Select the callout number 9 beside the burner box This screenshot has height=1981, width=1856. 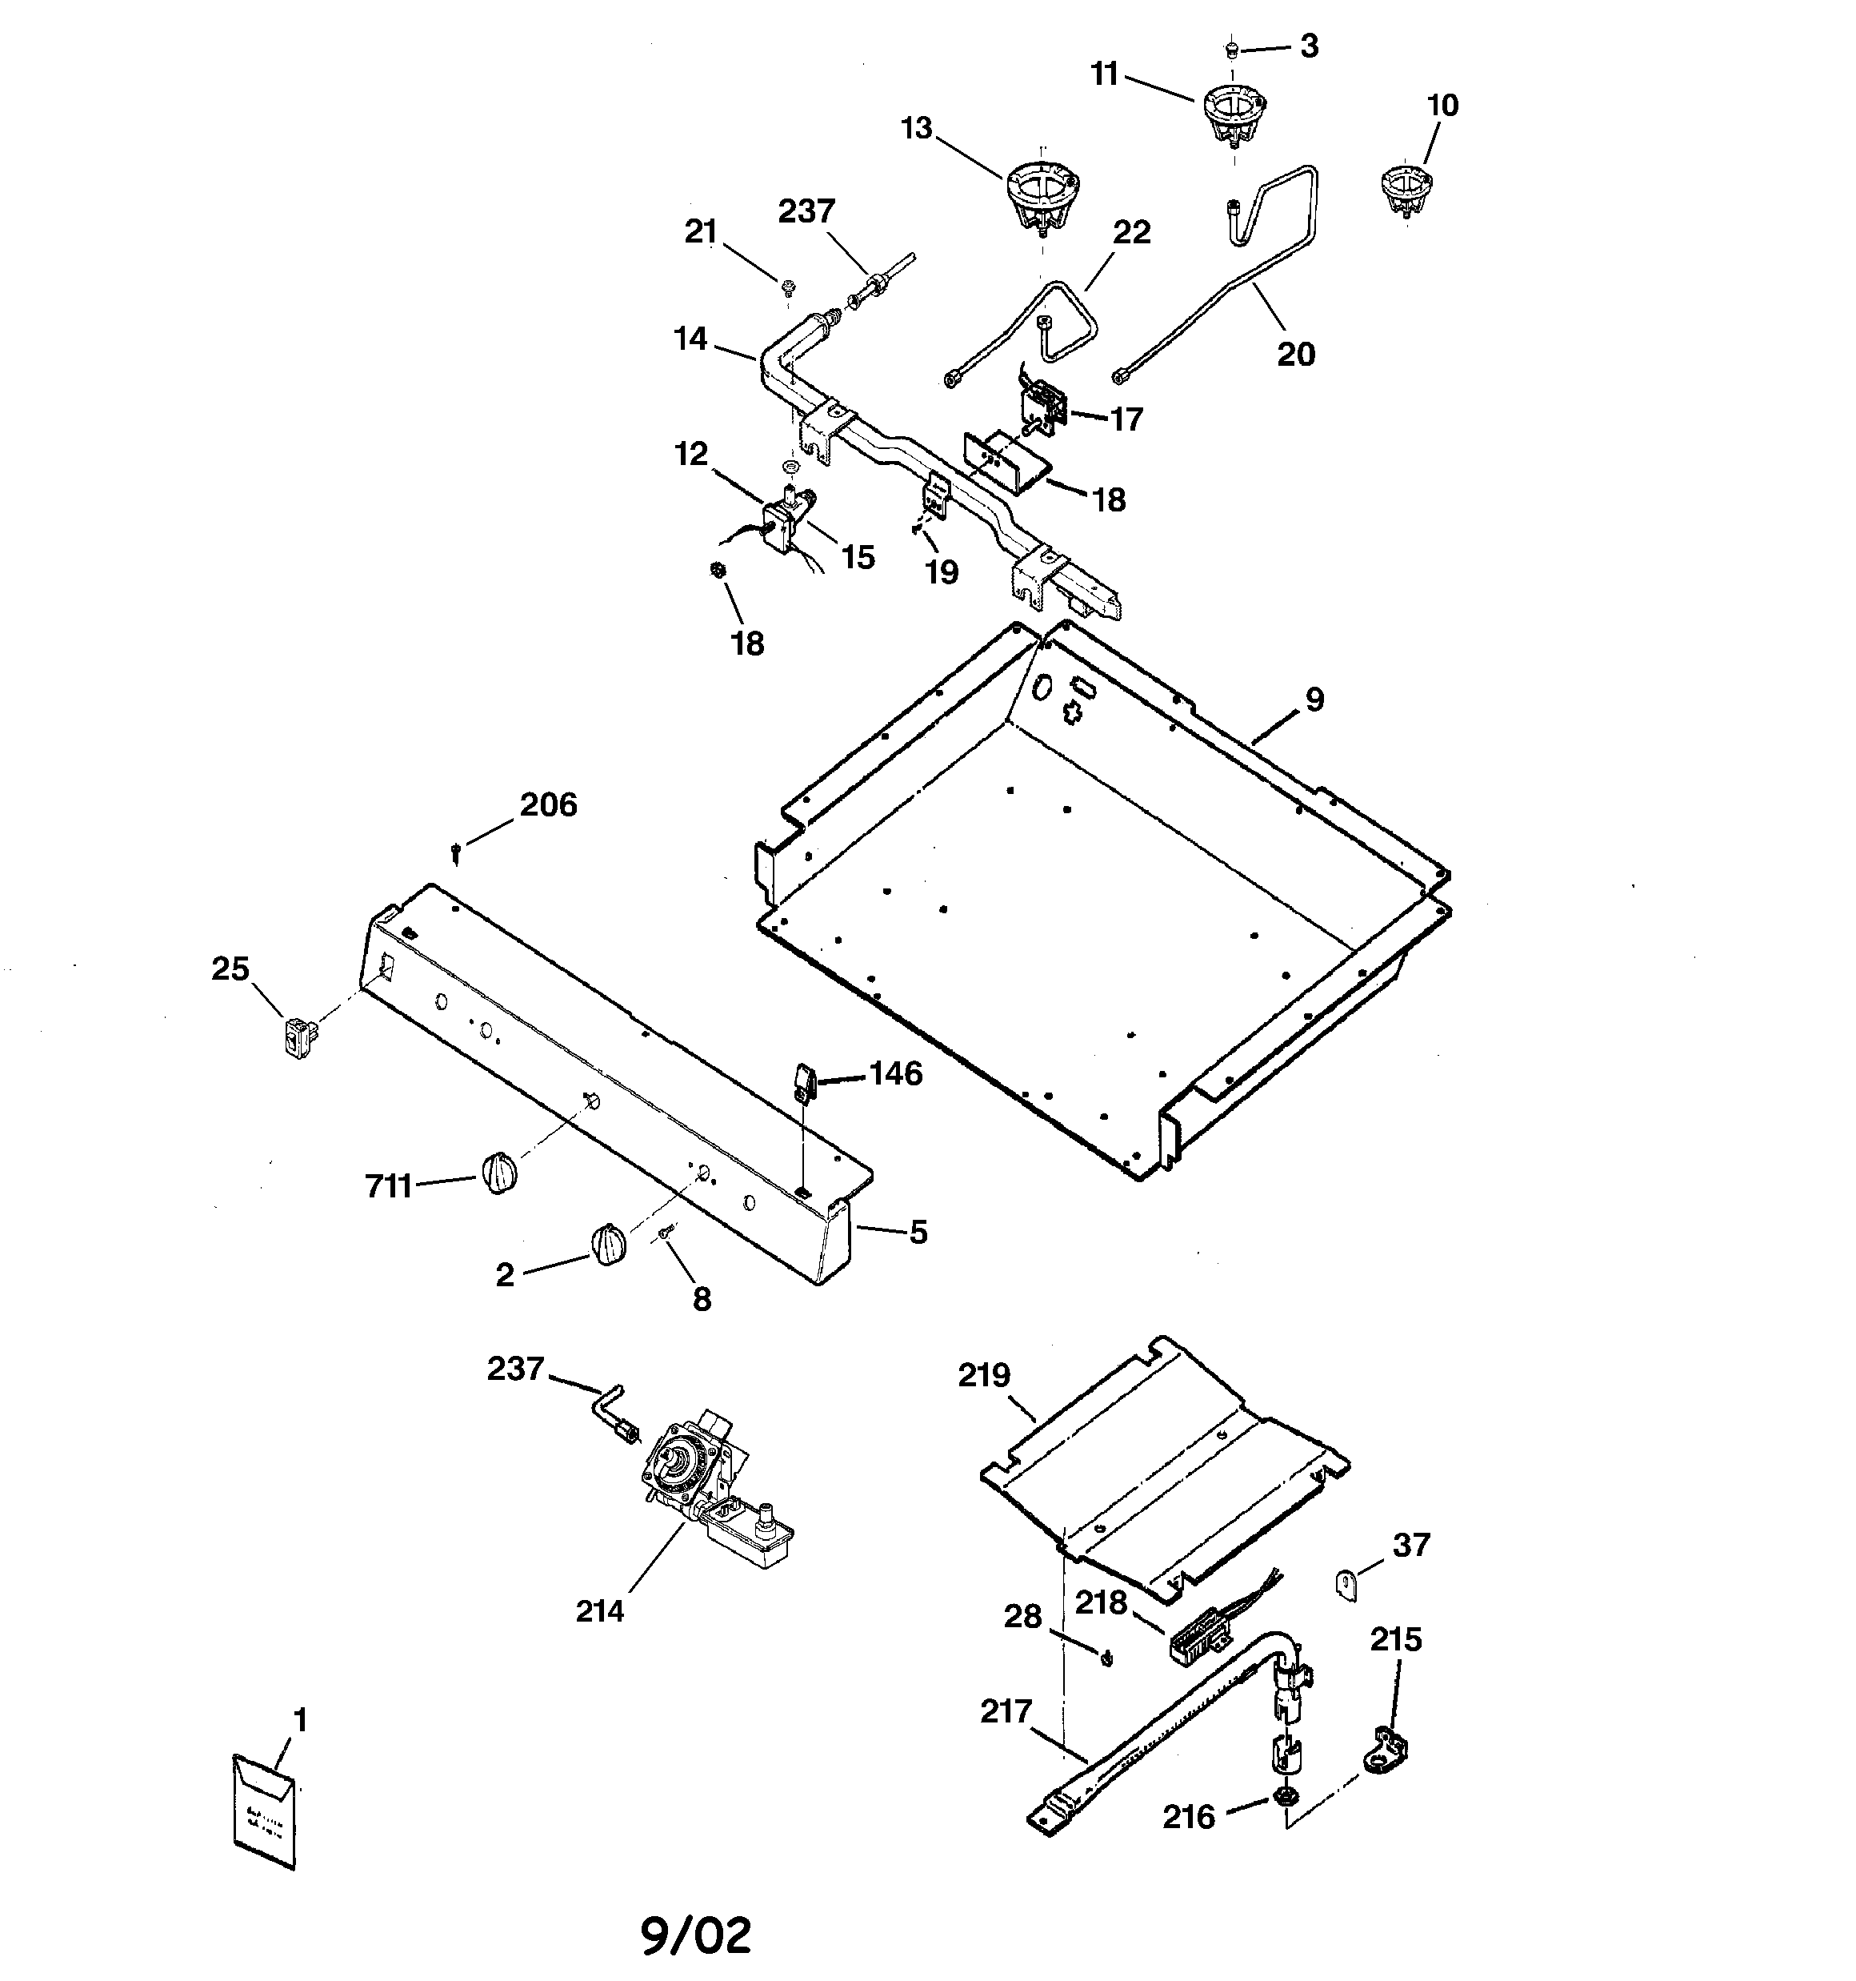[1314, 700]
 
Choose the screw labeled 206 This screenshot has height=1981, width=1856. [456, 852]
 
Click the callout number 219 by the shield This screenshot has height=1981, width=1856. [984, 1375]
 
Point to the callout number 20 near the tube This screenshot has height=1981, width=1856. [1296, 354]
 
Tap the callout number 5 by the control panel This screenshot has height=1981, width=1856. [918, 1233]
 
